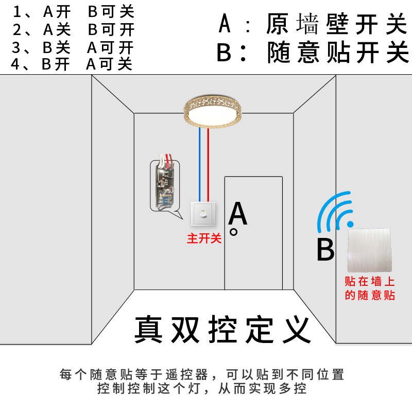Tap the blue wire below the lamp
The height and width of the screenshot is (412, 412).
pos(200,165)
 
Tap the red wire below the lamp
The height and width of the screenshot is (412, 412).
pos(208,165)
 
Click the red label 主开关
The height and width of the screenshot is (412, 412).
pos(204,238)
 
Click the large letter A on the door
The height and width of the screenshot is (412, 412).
pos(237,214)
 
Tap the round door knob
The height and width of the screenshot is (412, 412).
pos(233,232)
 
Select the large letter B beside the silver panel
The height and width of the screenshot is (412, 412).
pos(325,249)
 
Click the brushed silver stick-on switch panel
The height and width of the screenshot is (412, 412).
pos(370,250)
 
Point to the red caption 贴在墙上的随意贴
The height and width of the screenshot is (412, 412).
pos(370,288)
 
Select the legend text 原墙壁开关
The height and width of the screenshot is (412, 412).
pos(337,24)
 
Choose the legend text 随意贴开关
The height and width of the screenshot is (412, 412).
pos(338,53)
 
